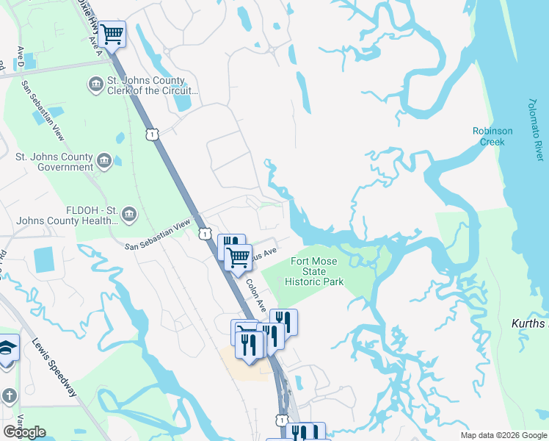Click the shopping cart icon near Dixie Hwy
coord(112,34)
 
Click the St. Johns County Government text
coord(55,162)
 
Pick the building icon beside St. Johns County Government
coord(104,161)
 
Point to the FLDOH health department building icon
coord(129,214)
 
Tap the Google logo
coord(24,432)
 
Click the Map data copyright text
coord(503,435)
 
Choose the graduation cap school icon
coord(6,348)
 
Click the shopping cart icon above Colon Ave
coord(238,258)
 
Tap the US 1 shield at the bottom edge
coord(282,419)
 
